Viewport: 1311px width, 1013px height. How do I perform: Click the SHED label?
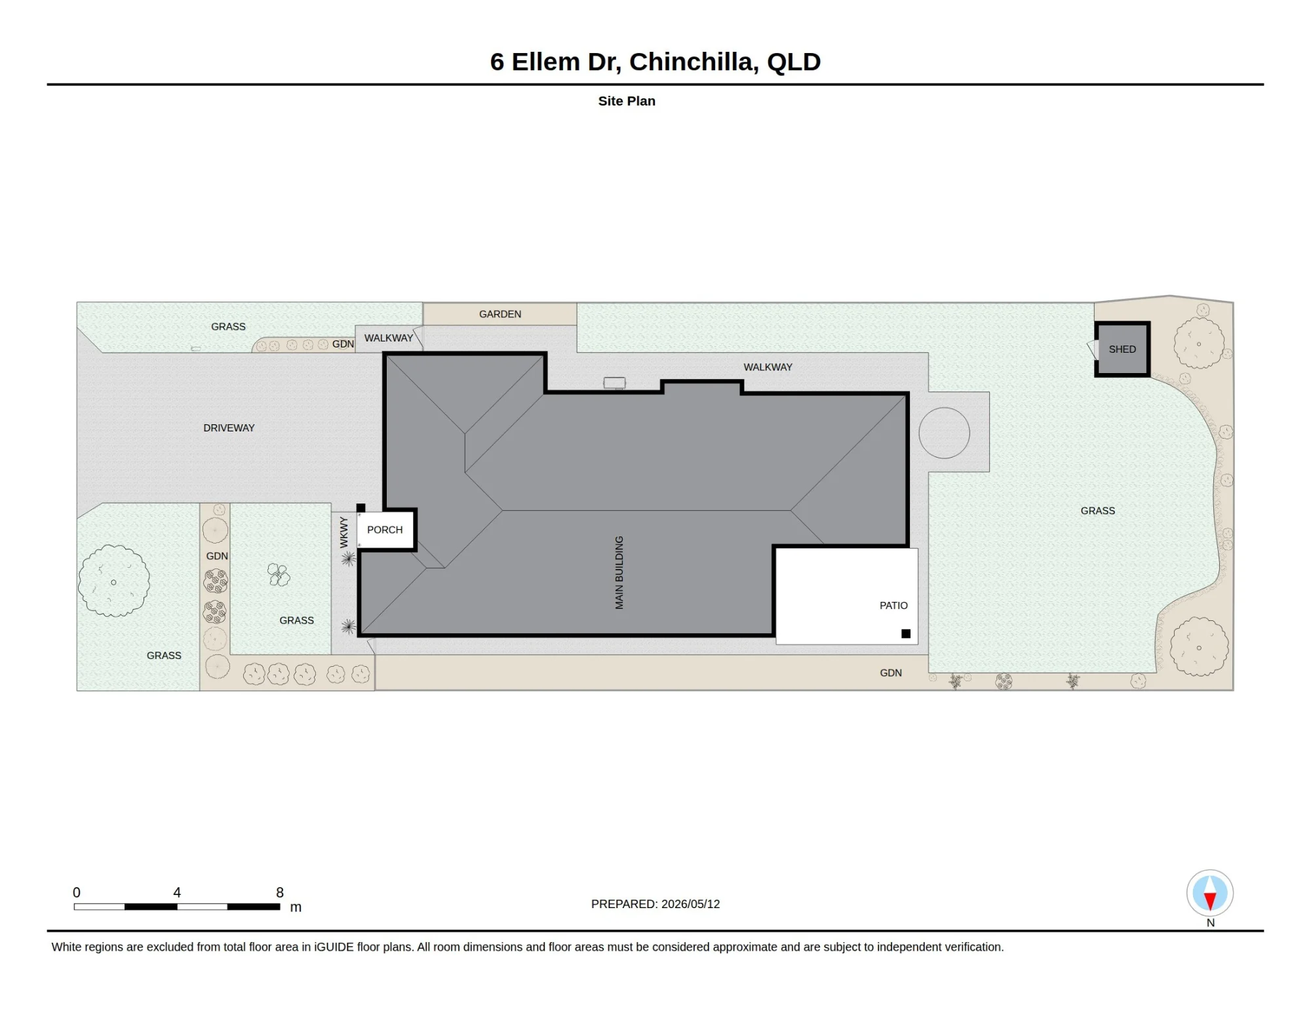(1122, 349)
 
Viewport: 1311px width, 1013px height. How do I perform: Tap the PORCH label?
(385, 530)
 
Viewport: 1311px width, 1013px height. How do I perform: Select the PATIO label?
(893, 606)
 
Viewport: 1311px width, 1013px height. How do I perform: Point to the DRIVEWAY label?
(229, 428)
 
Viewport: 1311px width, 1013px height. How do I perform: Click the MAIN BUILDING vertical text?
(619, 572)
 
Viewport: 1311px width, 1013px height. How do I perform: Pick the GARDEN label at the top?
(500, 314)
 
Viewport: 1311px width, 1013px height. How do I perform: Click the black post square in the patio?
(906, 633)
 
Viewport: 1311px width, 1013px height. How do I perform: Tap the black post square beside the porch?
(361, 508)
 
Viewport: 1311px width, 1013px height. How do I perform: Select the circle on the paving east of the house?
(944, 433)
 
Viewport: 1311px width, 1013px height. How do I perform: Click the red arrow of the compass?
(1210, 901)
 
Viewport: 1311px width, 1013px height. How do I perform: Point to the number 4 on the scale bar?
(177, 892)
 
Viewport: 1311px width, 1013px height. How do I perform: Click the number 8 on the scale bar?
(280, 892)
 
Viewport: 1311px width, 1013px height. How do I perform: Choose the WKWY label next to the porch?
(344, 532)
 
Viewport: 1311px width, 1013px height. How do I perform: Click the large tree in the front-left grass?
(114, 581)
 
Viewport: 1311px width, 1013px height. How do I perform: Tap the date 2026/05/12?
(691, 904)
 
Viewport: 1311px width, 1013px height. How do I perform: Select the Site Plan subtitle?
(627, 101)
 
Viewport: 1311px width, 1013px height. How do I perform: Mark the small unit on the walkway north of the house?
(614, 383)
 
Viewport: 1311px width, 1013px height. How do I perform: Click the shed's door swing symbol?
(1093, 349)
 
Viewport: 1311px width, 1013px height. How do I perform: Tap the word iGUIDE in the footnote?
(334, 947)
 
